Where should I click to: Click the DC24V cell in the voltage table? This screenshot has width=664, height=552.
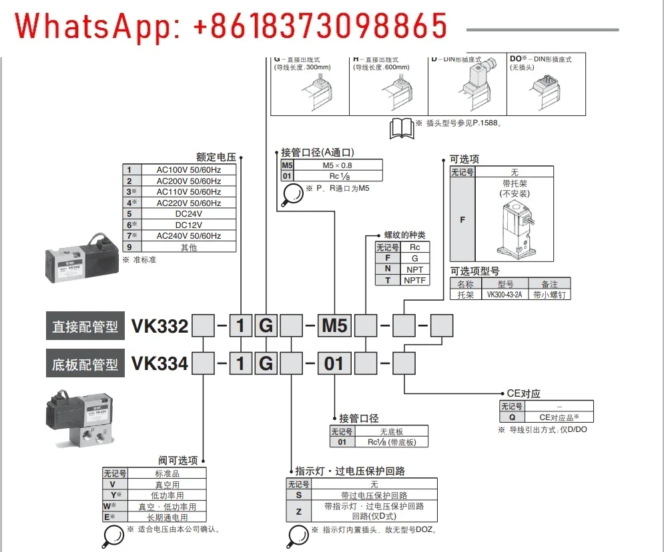click(x=188, y=214)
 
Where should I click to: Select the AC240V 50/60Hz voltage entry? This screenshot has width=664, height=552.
click(x=188, y=236)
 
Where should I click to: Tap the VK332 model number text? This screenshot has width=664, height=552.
click(x=160, y=326)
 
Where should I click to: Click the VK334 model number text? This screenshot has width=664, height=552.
click(x=160, y=363)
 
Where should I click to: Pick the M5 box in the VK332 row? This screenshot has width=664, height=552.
click(x=334, y=326)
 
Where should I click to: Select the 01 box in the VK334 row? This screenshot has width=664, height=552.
click(x=334, y=363)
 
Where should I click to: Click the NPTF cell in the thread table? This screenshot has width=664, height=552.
click(x=414, y=280)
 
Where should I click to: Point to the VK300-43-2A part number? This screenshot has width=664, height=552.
click(x=505, y=294)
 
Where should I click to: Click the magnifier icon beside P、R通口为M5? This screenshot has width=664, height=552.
click(x=292, y=192)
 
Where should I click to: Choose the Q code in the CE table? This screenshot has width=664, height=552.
click(x=512, y=417)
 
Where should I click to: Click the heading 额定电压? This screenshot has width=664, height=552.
click(x=216, y=157)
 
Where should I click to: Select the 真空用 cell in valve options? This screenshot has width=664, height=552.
click(x=167, y=485)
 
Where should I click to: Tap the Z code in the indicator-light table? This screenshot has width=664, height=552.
click(x=298, y=511)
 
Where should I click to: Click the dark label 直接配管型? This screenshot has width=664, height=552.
click(x=85, y=326)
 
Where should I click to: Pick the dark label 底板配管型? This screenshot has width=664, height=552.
click(x=85, y=364)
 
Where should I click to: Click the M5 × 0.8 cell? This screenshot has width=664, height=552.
click(x=338, y=165)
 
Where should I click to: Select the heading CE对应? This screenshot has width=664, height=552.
click(x=524, y=394)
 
